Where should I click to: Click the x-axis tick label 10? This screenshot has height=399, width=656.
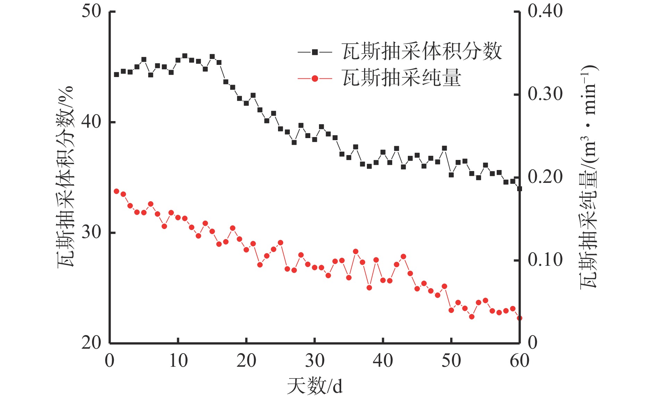(178, 361)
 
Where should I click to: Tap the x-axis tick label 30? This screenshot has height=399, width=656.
(314, 361)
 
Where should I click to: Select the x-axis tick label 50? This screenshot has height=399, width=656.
(451, 361)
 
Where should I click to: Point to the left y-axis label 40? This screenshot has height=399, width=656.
(91, 122)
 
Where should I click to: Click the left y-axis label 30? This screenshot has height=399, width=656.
(91, 232)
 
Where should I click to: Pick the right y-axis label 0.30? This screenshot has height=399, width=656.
(545, 94)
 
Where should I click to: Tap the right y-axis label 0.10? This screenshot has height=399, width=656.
(545, 260)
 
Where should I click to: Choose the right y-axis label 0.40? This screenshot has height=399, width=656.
(545, 11)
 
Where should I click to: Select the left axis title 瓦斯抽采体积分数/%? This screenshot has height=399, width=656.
(66, 177)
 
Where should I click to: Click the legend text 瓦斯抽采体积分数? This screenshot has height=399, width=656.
(422, 52)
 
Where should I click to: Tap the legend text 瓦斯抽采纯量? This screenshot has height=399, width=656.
(402, 78)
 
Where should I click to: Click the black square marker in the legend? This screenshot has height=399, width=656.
(315, 52)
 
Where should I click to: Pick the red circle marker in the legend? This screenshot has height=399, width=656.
(315, 79)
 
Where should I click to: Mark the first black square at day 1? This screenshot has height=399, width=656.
(117, 75)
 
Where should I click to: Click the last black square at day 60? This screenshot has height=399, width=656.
(519, 189)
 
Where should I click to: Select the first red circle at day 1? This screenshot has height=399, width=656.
(117, 191)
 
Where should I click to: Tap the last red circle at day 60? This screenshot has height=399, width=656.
(519, 318)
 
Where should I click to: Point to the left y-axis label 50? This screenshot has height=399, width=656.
(91, 11)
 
